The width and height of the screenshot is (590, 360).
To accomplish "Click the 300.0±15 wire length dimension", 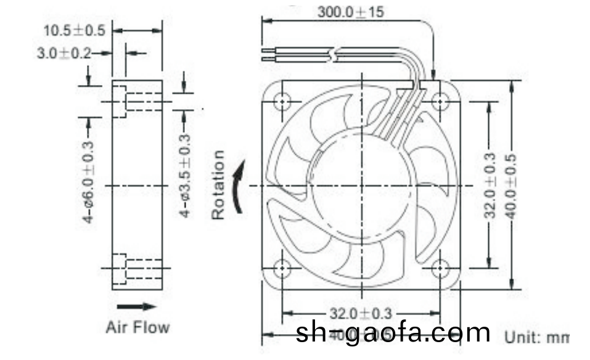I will [350, 12].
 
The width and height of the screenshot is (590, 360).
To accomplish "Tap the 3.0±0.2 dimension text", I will [62, 54].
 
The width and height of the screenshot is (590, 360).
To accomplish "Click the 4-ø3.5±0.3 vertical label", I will [184, 176].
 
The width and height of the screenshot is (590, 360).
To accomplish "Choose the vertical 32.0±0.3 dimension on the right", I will [490, 185].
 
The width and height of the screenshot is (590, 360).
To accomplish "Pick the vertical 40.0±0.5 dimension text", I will [511, 185].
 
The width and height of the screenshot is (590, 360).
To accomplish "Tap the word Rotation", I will [218, 185].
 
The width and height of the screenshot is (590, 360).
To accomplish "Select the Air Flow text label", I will [137, 327].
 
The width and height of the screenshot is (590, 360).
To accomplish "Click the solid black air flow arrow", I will [137, 306].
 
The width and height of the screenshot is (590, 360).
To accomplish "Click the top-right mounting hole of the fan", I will [440, 100].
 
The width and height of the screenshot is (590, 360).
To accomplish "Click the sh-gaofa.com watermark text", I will [393, 333].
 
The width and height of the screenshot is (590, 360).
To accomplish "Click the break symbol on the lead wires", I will [334, 54].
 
